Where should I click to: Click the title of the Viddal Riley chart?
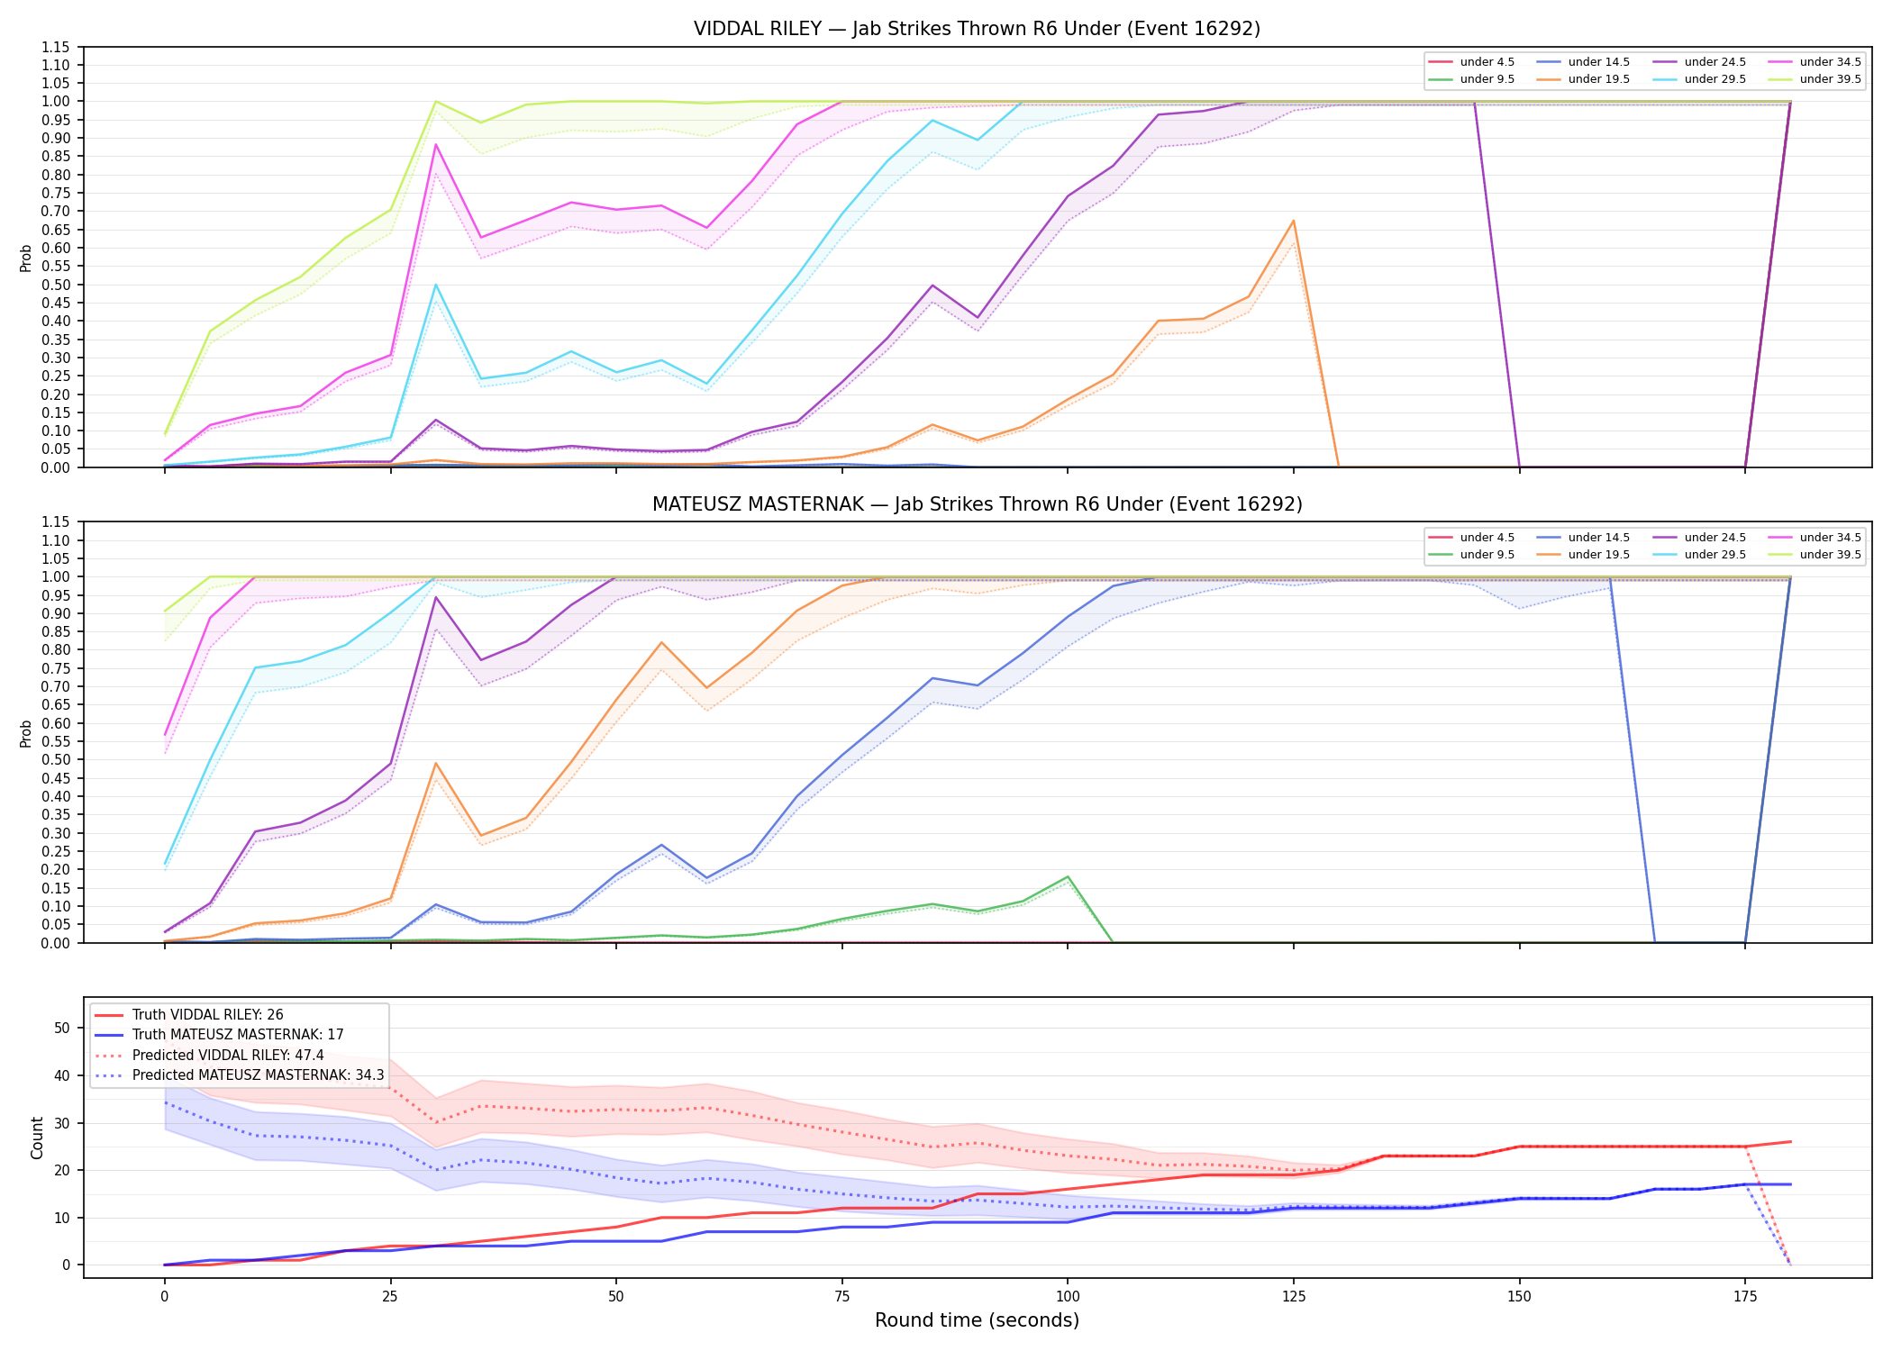(977, 29)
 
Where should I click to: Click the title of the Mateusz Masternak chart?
(977, 504)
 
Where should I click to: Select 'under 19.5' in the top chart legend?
(1598, 79)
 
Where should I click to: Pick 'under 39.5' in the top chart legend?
(1830, 79)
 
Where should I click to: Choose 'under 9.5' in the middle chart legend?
(1487, 555)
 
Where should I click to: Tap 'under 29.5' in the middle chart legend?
(1715, 555)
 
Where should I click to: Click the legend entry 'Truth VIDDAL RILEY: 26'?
(207, 1015)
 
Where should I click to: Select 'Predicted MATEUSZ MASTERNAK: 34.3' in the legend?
(258, 1075)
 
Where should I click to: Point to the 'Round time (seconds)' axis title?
(977, 1320)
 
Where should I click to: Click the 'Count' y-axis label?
(37, 1138)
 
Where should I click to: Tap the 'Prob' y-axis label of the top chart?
(26, 258)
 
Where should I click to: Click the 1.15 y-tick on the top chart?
(56, 47)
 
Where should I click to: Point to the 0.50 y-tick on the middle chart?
(56, 760)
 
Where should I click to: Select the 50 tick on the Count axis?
(62, 1028)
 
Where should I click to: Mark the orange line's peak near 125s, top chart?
(1293, 221)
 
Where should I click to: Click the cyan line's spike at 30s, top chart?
(435, 285)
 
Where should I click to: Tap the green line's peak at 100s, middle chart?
(1068, 876)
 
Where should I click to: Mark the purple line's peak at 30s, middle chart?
(435, 597)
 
